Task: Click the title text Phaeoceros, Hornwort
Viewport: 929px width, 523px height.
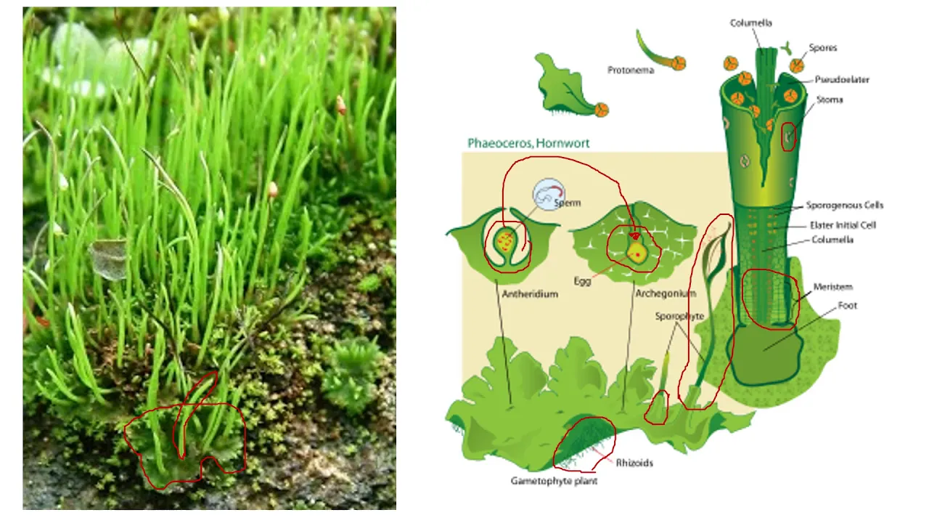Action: coord(528,143)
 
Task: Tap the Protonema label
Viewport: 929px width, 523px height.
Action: coord(631,70)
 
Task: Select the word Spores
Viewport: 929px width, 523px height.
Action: coord(823,48)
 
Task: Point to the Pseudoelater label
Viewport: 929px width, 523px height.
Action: coord(842,80)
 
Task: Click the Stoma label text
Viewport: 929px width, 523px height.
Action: coord(830,100)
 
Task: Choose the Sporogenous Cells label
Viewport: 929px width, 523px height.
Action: coord(845,206)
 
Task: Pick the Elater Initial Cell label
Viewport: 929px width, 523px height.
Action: coord(843,225)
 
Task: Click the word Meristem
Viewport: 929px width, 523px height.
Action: coord(832,287)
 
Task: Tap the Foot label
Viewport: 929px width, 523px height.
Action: coord(847,306)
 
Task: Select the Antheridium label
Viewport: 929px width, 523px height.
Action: coord(530,294)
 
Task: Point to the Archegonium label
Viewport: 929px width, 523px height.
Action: coord(666,294)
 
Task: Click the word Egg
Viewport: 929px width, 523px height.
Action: coord(582,281)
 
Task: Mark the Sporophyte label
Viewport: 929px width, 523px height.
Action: coord(679,317)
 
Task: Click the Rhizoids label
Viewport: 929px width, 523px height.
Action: coord(634,463)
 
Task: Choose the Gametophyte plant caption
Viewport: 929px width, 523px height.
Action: coord(554,481)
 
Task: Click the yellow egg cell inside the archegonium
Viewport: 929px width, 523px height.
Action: coord(637,253)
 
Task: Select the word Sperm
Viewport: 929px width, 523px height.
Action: coord(568,203)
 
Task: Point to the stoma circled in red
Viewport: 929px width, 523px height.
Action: coord(788,136)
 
